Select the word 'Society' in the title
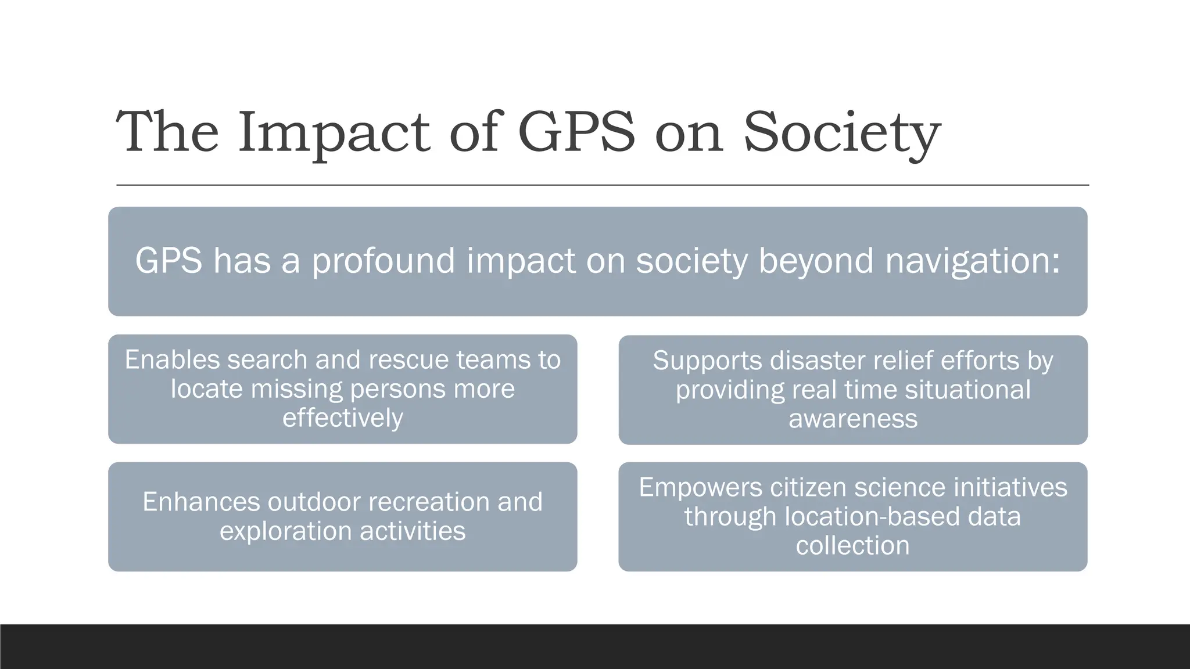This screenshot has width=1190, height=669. click(841, 134)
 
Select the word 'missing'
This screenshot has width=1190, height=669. click(296, 389)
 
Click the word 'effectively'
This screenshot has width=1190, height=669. click(343, 418)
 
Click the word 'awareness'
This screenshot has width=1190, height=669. click(853, 419)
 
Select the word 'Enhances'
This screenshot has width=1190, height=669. click(201, 502)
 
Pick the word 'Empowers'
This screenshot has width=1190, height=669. click(700, 487)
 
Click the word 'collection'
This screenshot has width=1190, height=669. click(852, 546)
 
